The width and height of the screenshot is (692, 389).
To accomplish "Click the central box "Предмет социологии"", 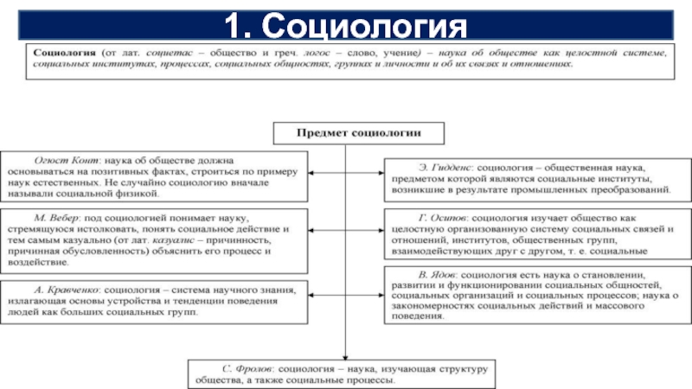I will point(345,133).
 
